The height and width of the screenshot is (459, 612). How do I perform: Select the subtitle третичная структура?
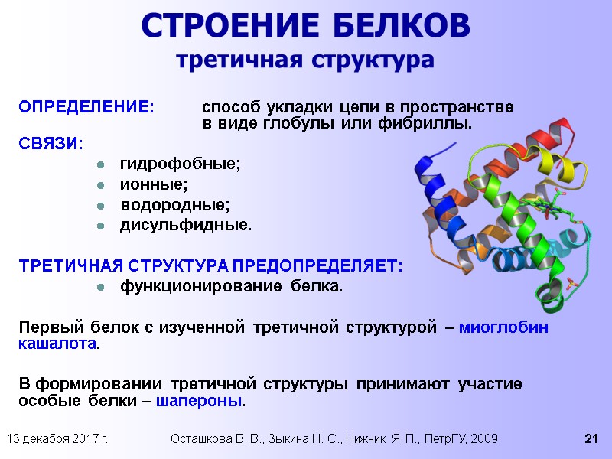click(x=305, y=59)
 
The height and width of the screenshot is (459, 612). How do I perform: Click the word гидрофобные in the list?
click(x=180, y=164)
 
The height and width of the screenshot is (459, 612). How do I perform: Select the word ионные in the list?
click(x=154, y=184)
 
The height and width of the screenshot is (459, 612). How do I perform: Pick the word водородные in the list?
click(x=174, y=205)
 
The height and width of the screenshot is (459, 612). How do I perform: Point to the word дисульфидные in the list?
click(x=185, y=226)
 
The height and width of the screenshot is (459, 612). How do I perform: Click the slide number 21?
click(x=590, y=438)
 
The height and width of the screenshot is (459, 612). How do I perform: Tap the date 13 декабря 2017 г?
click(x=57, y=438)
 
